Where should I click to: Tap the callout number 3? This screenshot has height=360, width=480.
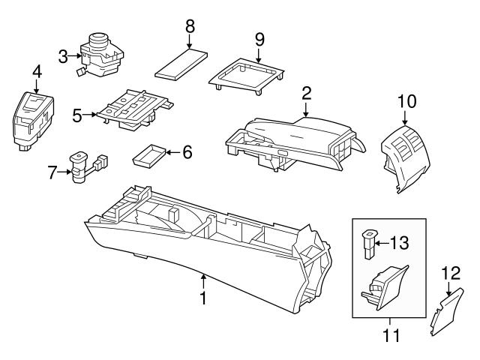[x=63, y=55]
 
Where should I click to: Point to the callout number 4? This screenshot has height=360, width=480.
[x=36, y=73]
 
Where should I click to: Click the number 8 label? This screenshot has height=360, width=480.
[x=190, y=24]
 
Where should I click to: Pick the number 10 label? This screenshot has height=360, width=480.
[x=405, y=100]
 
